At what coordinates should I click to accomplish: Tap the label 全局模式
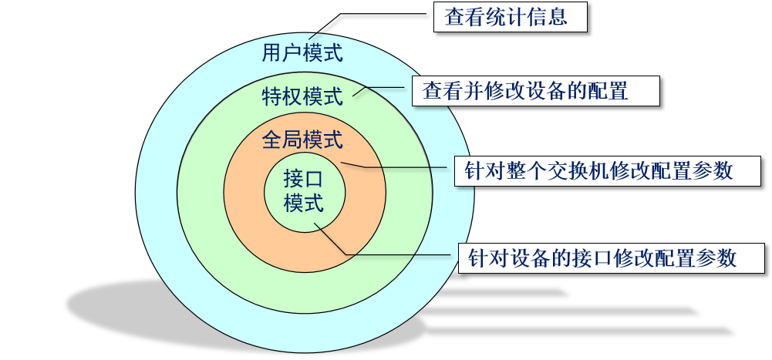point(302,141)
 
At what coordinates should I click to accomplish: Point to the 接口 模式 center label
point(303,191)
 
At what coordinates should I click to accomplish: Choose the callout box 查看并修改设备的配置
point(536,92)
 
